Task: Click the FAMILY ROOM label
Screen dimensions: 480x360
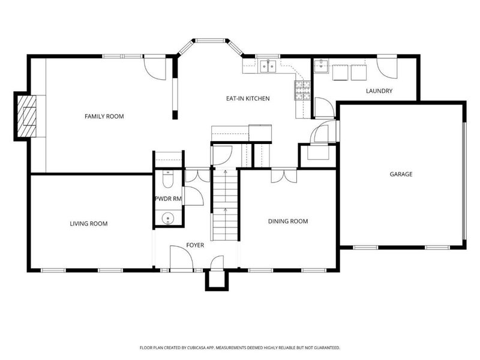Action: (x=104, y=116)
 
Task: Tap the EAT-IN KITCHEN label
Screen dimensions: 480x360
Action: (x=248, y=98)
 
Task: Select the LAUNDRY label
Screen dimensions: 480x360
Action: (x=379, y=91)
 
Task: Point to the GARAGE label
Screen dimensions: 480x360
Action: (x=401, y=174)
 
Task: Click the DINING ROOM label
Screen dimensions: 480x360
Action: (x=288, y=221)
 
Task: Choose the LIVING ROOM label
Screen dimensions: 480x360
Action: (x=88, y=224)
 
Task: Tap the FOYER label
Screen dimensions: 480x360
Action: (x=195, y=245)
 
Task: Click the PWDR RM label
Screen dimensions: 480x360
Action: (x=168, y=199)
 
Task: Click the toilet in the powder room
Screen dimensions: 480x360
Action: (x=168, y=179)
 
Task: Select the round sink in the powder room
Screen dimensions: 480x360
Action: (x=168, y=218)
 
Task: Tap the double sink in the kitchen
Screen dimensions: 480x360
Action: (x=268, y=66)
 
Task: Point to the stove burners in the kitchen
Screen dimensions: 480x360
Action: (x=302, y=91)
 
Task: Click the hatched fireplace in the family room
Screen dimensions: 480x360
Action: (x=27, y=116)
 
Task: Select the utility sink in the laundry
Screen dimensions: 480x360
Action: (x=321, y=67)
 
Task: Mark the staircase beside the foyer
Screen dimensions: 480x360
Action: (x=226, y=204)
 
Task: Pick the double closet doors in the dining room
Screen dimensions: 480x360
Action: (x=284, y=176)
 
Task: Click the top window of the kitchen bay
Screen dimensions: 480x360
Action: (x=210, y=40)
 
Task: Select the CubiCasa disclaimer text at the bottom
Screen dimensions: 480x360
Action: (x=239, y=348)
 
